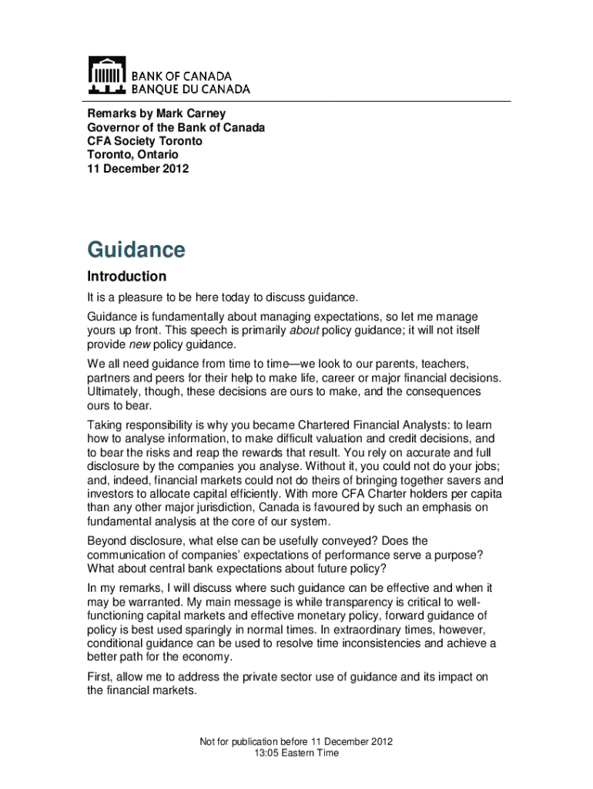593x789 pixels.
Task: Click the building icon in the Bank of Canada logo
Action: tap(106, 75)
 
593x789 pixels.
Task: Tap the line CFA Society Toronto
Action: tap(145, 141)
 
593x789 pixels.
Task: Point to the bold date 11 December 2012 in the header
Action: tap(137, 169)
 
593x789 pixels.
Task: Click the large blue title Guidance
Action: tap(136, 250)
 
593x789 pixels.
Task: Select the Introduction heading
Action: tap(126, 277)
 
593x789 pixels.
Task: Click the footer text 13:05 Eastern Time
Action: tap(296, 753)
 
